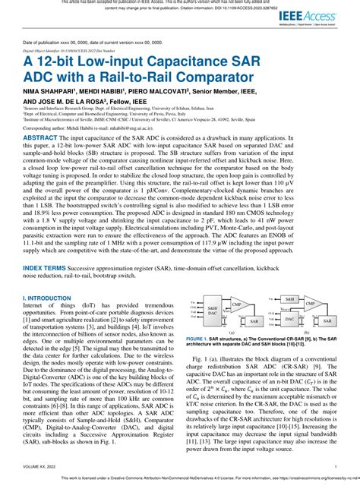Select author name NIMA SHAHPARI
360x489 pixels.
(52, 89)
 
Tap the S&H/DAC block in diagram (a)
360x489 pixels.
(210, 308)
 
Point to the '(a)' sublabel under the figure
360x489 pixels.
(231, 331)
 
